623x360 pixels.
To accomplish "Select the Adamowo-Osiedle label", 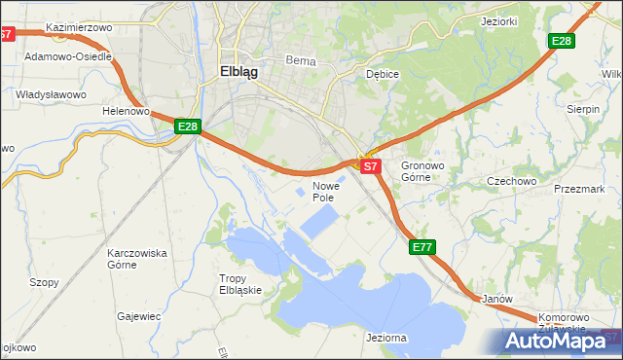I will click(69, 56).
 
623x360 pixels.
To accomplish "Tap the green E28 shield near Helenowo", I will click(188, 126).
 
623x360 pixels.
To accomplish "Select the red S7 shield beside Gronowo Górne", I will click(370, 166).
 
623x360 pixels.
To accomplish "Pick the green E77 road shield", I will click(421, 247).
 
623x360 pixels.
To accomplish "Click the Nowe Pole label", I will click(325, 191).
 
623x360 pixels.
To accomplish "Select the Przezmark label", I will click(579, 190).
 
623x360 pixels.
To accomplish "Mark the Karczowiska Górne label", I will click(136, 258).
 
